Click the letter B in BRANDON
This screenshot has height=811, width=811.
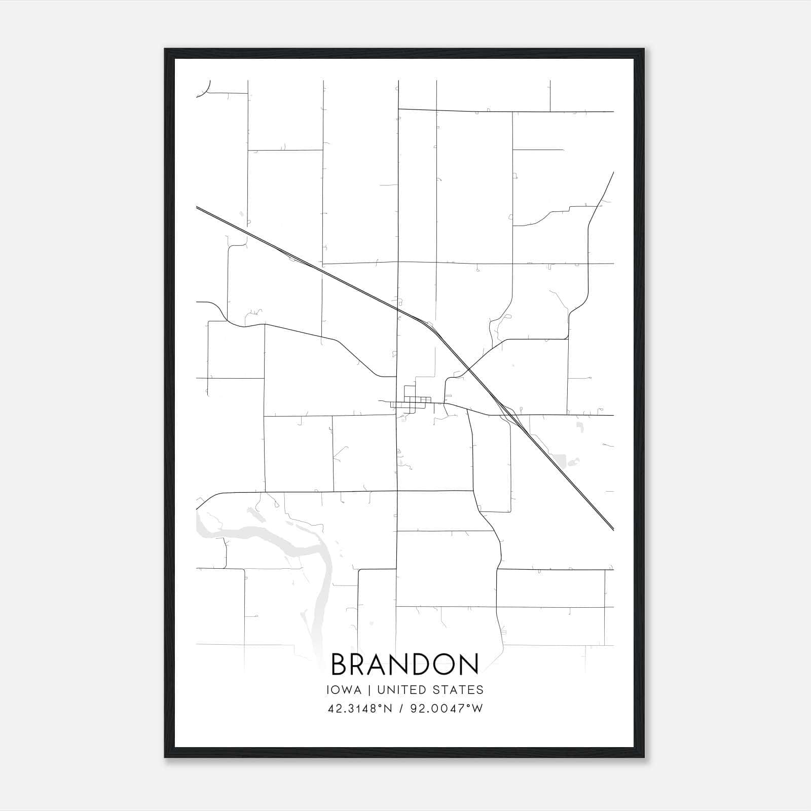tap(340, 665)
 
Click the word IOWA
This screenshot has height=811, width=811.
tap(344, 690)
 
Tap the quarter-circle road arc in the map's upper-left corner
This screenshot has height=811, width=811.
tap(204, 90)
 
